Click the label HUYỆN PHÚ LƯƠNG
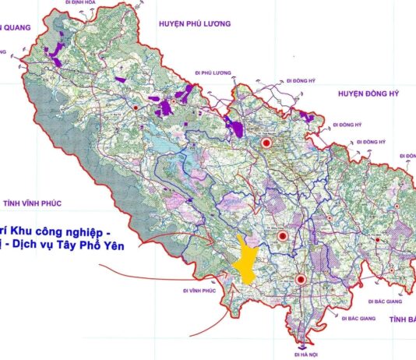click(194, 24)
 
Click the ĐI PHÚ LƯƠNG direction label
click(216, 72)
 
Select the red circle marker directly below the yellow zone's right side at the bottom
click(300, 278)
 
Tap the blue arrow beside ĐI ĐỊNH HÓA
click(58, 4)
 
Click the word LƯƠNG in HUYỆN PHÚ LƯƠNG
click(216, 24)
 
